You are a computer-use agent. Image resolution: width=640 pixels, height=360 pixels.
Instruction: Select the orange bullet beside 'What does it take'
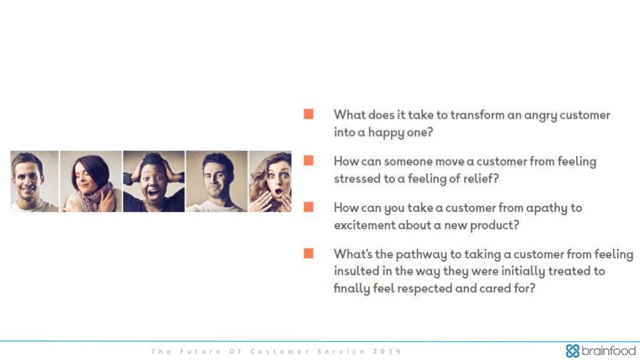click(309, 114)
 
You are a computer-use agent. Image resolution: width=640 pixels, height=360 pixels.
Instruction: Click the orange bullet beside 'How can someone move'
click(309, 160)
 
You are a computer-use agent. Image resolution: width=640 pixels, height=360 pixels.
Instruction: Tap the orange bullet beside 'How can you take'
click(309, 207)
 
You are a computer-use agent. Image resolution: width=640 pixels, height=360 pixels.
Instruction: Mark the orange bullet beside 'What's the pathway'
click(309, 253)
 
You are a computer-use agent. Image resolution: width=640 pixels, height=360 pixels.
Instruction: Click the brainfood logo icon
click(572, 351)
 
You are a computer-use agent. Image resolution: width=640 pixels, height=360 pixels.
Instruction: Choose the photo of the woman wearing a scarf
click(91, 181)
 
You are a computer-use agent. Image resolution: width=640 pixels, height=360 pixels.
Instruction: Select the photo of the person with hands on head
click(154, 181)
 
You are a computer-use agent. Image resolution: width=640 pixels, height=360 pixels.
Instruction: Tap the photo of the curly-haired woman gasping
click(270, 181)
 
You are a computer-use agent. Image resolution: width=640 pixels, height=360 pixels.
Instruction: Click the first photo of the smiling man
click(34, 181)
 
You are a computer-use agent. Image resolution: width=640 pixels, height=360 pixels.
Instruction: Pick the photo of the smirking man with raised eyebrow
click(217, 181)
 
